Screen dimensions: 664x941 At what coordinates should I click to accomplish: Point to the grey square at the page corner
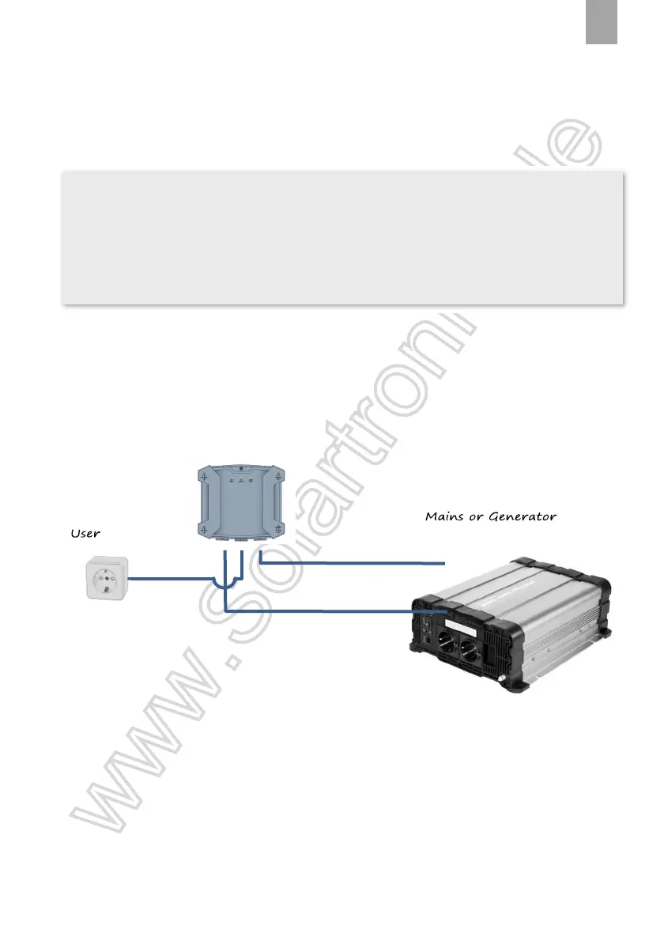coord(602,21)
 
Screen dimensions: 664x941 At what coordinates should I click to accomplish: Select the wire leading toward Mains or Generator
coord(356,563)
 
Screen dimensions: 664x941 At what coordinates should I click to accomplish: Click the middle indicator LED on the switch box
coord(240,478)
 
